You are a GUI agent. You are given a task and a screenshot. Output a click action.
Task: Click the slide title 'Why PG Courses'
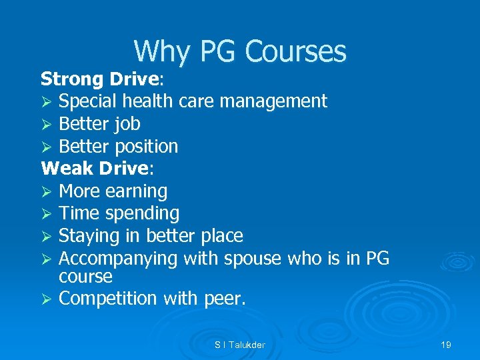pyautogui.click(x=240, y=51)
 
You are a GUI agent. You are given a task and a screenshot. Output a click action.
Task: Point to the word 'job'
pyautogui.click(x=127, y=125)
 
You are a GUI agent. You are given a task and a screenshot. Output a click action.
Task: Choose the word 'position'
pyautogui.click(x=147, y=147)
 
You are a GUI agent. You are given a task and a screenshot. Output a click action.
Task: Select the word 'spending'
pyautogui.click(x=146, y=214)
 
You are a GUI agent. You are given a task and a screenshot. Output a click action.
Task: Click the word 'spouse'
pyautogui.click(x=253, y=259)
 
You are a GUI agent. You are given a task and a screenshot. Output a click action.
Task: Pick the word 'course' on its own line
pyautogui.click(x=85, y=275)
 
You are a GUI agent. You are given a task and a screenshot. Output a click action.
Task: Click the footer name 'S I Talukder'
pyautogui.click(x=239, y=345)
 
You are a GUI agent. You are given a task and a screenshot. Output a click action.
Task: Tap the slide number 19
pyautogui.click(x=446, y=345)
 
